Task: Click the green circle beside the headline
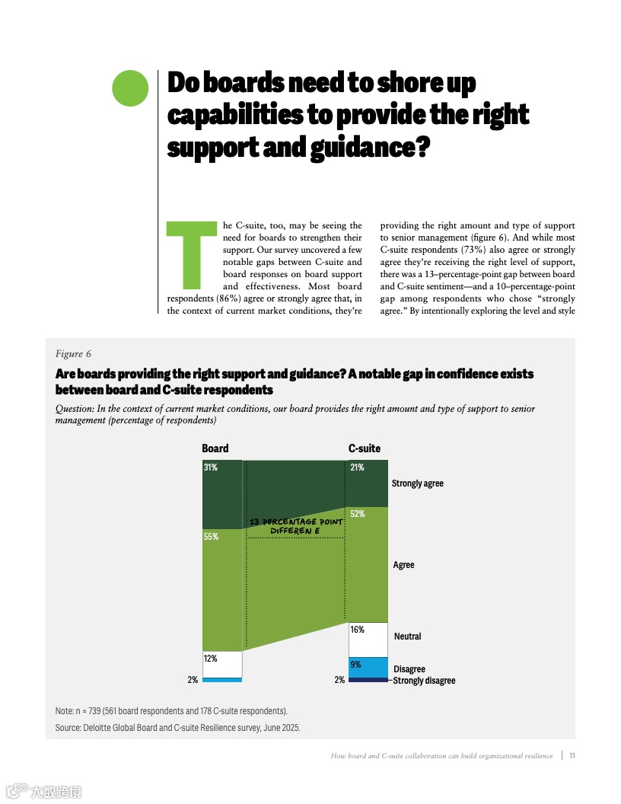point(130,88)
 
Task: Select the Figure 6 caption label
point(73,354)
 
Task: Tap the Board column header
point(215,448)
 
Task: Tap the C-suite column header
point(365,448)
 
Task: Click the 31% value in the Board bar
point(210,467)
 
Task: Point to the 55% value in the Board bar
point(211,537)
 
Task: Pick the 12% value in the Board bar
point(210,659)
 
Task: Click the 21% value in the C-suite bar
point(357,467)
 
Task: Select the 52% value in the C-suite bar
point(357,514)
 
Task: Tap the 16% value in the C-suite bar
point(357,630)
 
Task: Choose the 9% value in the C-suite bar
point(355,665)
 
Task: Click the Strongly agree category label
point(417,483)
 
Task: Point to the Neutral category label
point(407,636)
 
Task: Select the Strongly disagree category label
point(424,681)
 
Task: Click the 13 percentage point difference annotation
point(296,525)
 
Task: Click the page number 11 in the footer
point(572,756)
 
